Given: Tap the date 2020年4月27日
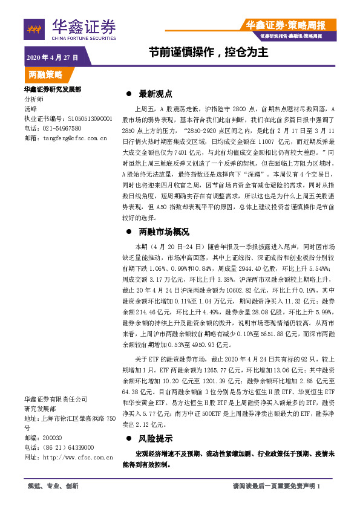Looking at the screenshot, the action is (53, 57).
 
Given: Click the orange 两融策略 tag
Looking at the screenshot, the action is (46, 75).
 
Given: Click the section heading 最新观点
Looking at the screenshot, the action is (155, 94).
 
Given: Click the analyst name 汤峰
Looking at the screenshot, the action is (30, 109).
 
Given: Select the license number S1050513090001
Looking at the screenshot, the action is (90, 119).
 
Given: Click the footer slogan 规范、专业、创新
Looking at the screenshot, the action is (53, 486).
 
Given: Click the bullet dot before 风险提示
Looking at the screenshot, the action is (128, 439).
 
